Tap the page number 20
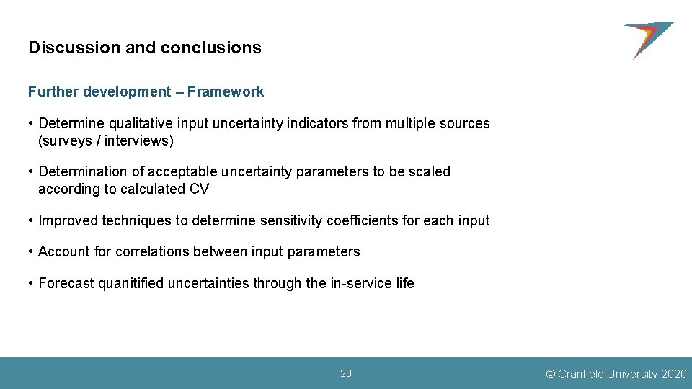click(x=346, y=373)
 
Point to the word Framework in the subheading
click(x=226, y=92)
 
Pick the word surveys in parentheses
click(x=67, y=141)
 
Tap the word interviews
click(x=137, y=141)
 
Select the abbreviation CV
click(x=199, y=189)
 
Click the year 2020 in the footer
click(x=674, y=374)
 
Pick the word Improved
click(x=68, y=221)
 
